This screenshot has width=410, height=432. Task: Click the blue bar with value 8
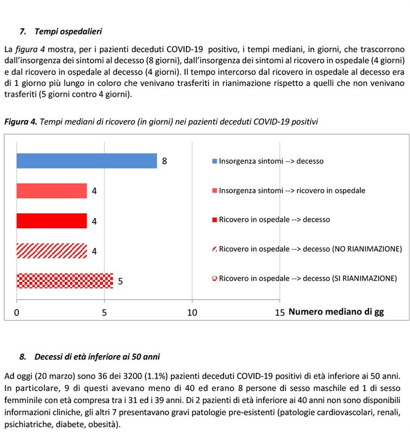click(x=87, y=161)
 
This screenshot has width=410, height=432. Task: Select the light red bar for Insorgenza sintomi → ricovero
click(x=52, y=191)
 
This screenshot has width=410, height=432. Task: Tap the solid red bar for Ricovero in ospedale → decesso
click(x=52, y=221)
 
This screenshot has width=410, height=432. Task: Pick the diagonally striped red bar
click(x=52, y=251)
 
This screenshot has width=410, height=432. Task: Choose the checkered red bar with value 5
click(x=65, y=281)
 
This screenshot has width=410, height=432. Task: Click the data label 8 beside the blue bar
click(x=164, y=162)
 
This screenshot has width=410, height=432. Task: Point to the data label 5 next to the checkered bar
click(x=120, y=281)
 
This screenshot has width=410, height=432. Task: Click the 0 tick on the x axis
click(x=17, y=312)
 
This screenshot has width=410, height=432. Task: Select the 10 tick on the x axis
click(x=192, y=312)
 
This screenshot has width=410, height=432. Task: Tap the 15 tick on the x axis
click(x=280, y=312)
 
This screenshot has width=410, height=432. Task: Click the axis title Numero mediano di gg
click(x=336, y=312)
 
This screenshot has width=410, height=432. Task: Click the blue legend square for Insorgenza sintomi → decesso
click(x=215, y=162)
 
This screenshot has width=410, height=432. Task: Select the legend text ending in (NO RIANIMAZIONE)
click(x=310, y=249)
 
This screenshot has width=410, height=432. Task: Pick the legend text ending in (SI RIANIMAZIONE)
click(x=308, y=279)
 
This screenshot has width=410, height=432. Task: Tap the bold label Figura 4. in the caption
click(x=20, y=122)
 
